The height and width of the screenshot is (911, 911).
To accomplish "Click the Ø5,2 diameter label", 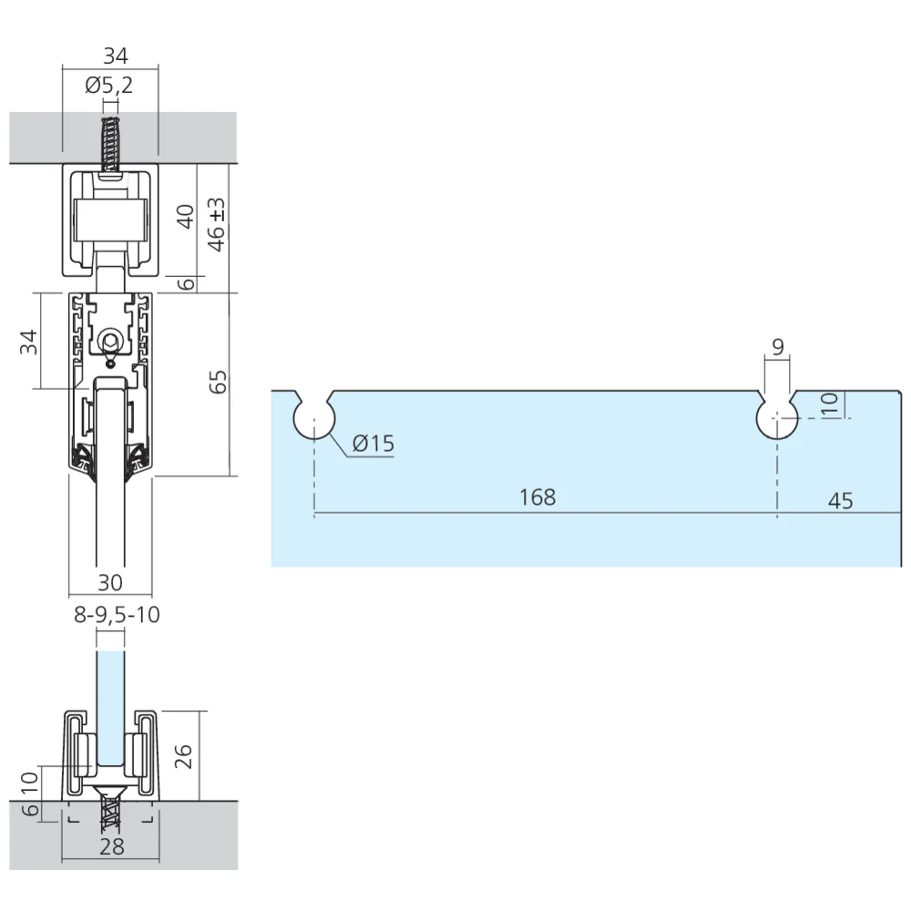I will click(x=108, y=87).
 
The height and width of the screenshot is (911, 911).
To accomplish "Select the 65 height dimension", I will click(x=217, y=382).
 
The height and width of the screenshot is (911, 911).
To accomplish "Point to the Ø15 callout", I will click(x=373, y=445).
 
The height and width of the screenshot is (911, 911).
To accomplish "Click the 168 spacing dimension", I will click(x=537, y=497).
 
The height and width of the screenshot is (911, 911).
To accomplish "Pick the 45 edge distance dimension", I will click(x=841, y=501).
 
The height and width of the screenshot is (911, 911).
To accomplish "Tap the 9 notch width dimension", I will click(x=777, y=347).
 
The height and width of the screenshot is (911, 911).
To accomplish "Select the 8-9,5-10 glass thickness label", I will click(x=117, y=615).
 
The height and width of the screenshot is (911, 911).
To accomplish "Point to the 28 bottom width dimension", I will click(x=111, y=847).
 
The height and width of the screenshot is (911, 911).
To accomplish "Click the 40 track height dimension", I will click(x=186, y=217).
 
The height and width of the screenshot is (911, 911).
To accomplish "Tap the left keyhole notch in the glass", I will click(x=314, y=417).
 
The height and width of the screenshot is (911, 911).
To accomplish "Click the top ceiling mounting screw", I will click(x=111, y=137).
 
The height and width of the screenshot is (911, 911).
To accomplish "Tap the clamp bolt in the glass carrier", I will click(x=110, y=341).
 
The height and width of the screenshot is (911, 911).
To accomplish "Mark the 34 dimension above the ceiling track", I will click(x=115, y=56).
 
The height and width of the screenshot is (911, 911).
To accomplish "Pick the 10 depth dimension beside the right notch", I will click(x=829, y=403).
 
